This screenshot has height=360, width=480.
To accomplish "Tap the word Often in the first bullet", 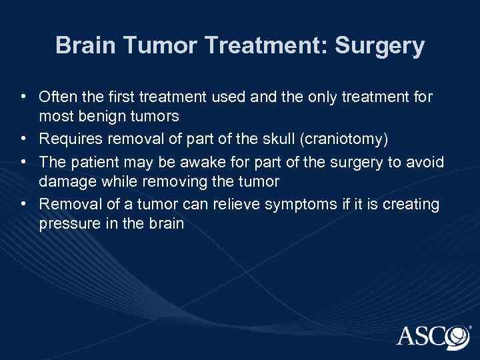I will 56,98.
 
